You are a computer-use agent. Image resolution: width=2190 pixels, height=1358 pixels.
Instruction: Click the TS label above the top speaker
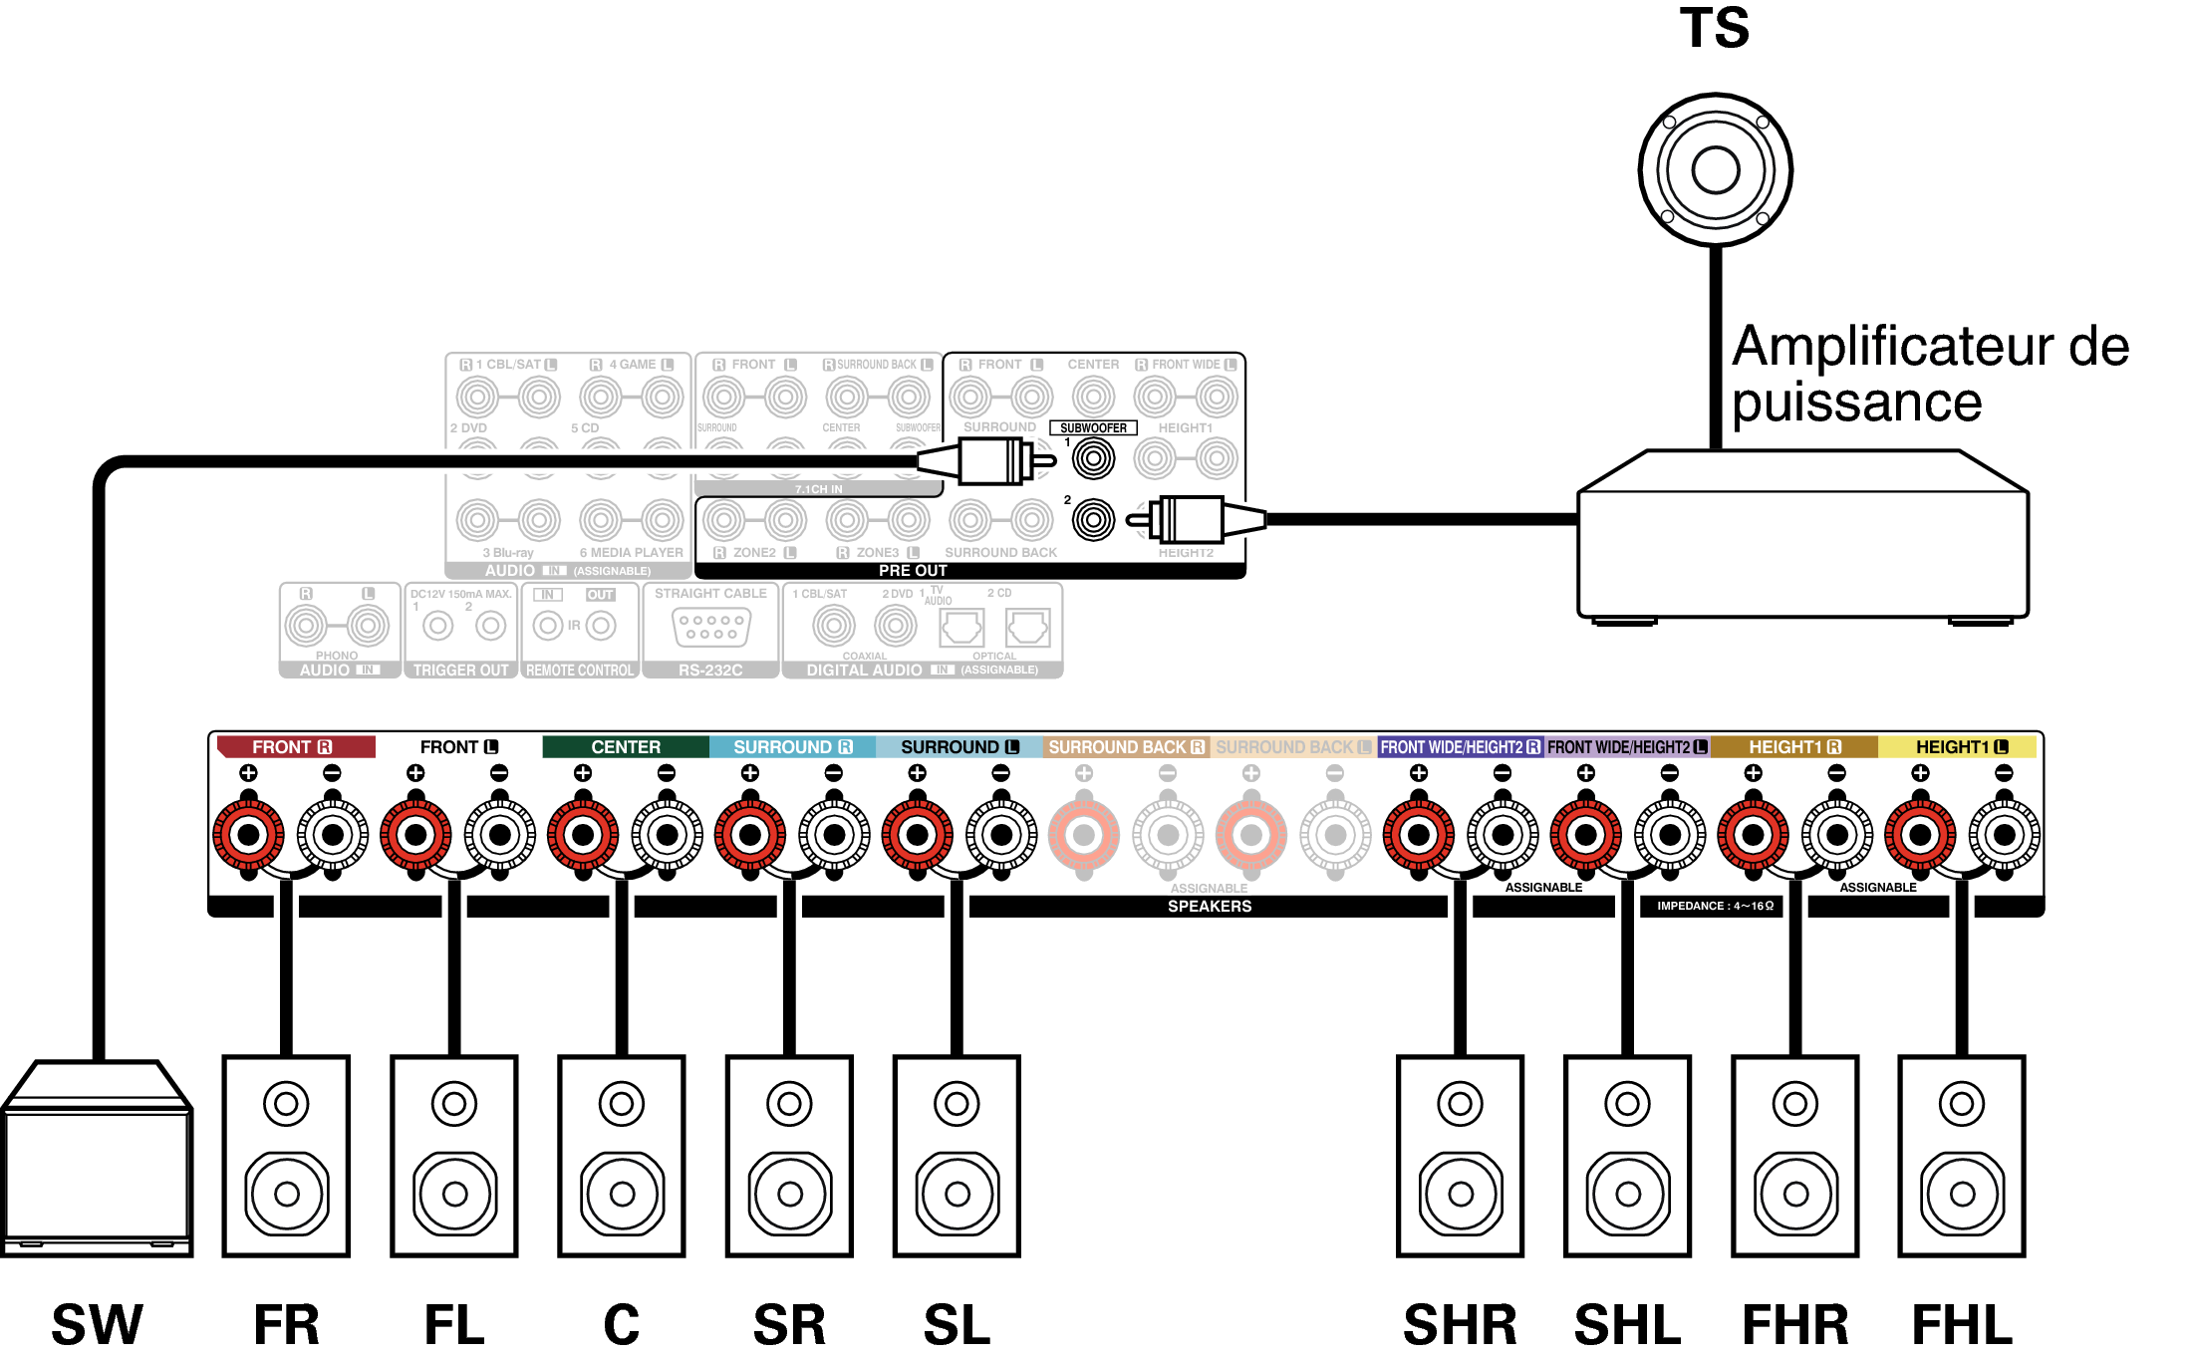(1714, 28)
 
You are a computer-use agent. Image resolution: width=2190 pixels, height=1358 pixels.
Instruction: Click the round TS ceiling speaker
(1715, 169)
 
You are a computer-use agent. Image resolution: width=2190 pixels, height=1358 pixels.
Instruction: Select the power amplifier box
(1802, 538)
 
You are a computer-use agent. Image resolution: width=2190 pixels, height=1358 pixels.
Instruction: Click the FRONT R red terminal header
(295, 747)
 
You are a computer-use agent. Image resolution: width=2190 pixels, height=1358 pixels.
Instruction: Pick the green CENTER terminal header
(625, 747)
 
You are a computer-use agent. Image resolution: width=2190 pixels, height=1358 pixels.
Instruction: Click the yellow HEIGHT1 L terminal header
(1960, 747)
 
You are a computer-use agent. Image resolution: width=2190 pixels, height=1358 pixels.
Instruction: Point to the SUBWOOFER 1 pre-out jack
(1093, 459)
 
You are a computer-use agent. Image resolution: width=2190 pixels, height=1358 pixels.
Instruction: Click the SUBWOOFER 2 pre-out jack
(1093, 520)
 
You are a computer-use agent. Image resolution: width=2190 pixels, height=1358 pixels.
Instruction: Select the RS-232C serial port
(710, 628)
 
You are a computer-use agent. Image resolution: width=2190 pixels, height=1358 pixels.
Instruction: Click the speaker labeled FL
(454, 1156)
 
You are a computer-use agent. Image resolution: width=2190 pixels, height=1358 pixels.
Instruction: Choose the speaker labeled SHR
(1460, 1156)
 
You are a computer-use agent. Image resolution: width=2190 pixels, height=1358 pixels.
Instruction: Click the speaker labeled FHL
(1962, 1156)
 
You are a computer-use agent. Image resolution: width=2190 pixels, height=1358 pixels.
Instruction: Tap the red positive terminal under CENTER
(583, 835)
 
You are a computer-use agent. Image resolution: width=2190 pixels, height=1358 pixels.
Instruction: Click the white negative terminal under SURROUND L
(1001, 835)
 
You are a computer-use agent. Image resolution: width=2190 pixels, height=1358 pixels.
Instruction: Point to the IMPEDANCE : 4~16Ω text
(1715, 906)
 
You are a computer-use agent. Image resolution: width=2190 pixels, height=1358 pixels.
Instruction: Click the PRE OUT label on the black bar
(913, 571)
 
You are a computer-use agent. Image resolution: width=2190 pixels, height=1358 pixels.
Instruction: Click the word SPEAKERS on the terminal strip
(1209, 906)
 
